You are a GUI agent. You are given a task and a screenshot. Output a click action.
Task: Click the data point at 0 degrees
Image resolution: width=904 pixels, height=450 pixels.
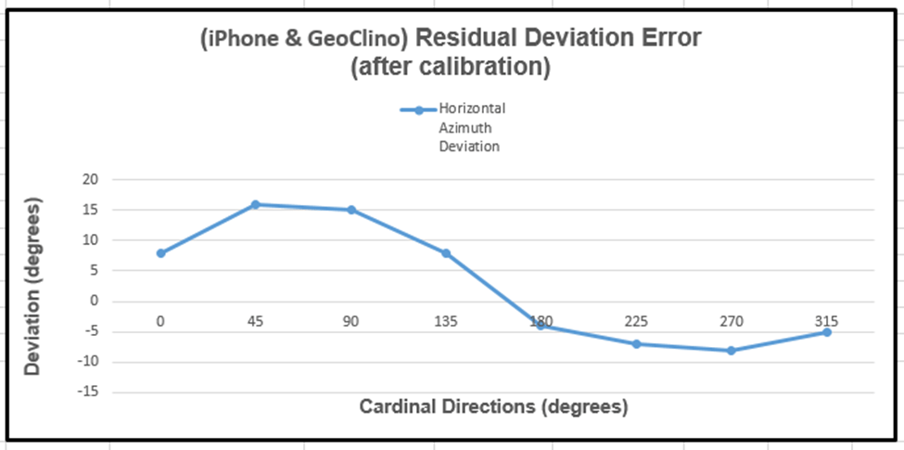(160, 253)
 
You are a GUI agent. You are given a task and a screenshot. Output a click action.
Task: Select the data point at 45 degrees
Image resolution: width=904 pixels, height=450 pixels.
(255, 204)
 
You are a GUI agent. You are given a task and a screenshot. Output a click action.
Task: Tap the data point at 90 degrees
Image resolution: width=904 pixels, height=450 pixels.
(351, 210)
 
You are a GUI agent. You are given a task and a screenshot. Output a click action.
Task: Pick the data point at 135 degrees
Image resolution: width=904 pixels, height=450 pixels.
(446, 253)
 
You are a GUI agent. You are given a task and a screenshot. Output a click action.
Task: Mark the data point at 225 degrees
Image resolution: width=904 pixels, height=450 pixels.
(636, 344)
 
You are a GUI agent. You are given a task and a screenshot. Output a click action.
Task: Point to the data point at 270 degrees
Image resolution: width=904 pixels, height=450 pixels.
(732, 351)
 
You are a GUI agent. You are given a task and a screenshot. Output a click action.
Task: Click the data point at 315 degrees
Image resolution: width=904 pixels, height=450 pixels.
(826, 332)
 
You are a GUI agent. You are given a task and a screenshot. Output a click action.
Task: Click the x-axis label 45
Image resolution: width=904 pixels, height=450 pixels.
(255, 322)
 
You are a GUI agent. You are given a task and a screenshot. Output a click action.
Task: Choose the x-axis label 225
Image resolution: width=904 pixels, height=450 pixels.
(636, 322)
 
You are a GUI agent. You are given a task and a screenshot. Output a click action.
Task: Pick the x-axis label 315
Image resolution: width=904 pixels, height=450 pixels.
(826, 322)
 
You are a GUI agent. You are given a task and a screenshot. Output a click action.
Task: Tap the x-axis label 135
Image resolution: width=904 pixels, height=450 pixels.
(446, 322)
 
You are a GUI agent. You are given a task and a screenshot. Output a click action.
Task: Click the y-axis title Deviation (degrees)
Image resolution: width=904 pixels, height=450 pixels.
(33, 286)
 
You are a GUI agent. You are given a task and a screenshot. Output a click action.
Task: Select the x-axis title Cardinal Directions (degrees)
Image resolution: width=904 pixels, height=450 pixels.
(493, 406)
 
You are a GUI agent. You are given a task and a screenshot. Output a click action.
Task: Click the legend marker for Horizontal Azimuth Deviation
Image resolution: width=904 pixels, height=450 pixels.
(418, 110)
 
